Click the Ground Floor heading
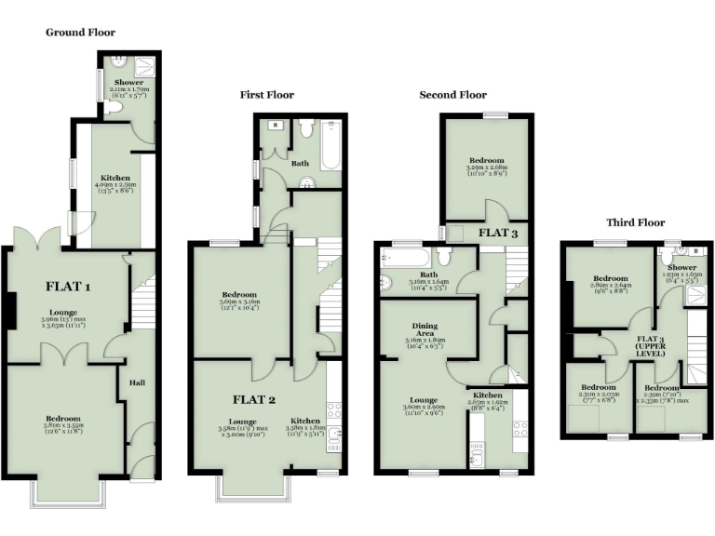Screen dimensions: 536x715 click(x=80, y=33)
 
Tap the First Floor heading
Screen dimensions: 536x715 click(x=266, y=95)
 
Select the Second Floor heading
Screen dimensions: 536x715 click(x=452, y=95)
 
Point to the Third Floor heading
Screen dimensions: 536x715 click(x=636, y=222)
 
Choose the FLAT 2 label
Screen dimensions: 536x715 click(x=253, y=400)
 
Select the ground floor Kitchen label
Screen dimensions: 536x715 click(x=115, y=177)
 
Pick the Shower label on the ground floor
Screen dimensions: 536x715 click(x=128, y=82)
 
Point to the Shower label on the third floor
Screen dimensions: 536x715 click(x=680, y=267)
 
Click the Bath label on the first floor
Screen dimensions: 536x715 click(x=300, y=163)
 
